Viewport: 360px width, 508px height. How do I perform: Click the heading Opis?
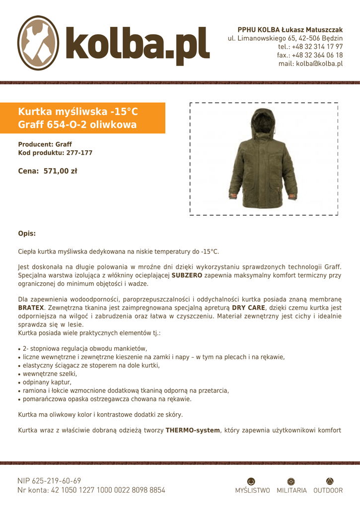coord(27,233)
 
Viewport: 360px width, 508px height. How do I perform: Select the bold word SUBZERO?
coord(187,275)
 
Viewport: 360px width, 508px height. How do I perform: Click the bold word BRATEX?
coord(31,308)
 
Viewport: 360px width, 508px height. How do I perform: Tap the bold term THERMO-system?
coord(193,431)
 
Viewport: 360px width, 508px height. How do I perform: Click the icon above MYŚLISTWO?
coord(251,481)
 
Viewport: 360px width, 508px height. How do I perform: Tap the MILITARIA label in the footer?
coord(291,491)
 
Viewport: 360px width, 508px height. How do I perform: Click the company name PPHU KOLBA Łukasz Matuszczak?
coord(290,30)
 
